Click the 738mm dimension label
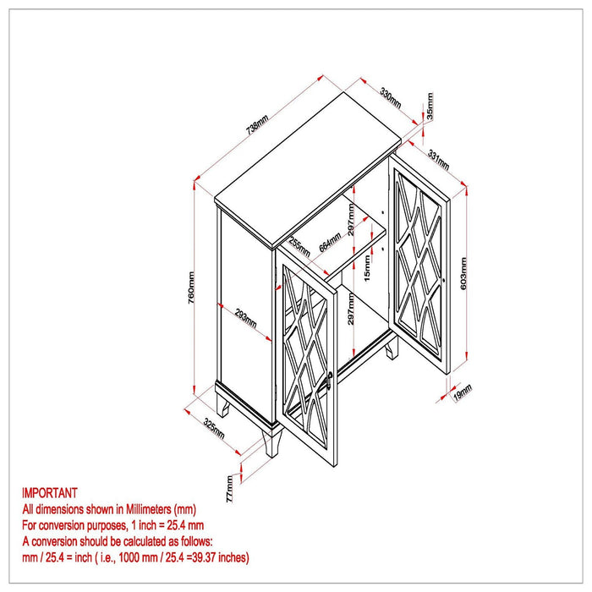257,125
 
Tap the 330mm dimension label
391,98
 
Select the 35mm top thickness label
430,106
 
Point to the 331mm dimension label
438,160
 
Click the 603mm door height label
463,273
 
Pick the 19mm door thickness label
463,392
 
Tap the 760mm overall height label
191,288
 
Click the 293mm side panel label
246,319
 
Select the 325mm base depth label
214,429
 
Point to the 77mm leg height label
229,489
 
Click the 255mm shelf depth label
299,247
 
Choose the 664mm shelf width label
330,242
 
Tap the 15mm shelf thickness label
367,268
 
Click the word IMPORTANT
49,493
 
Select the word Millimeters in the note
148,509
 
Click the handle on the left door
328,380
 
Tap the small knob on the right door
444,281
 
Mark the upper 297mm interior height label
351,220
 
